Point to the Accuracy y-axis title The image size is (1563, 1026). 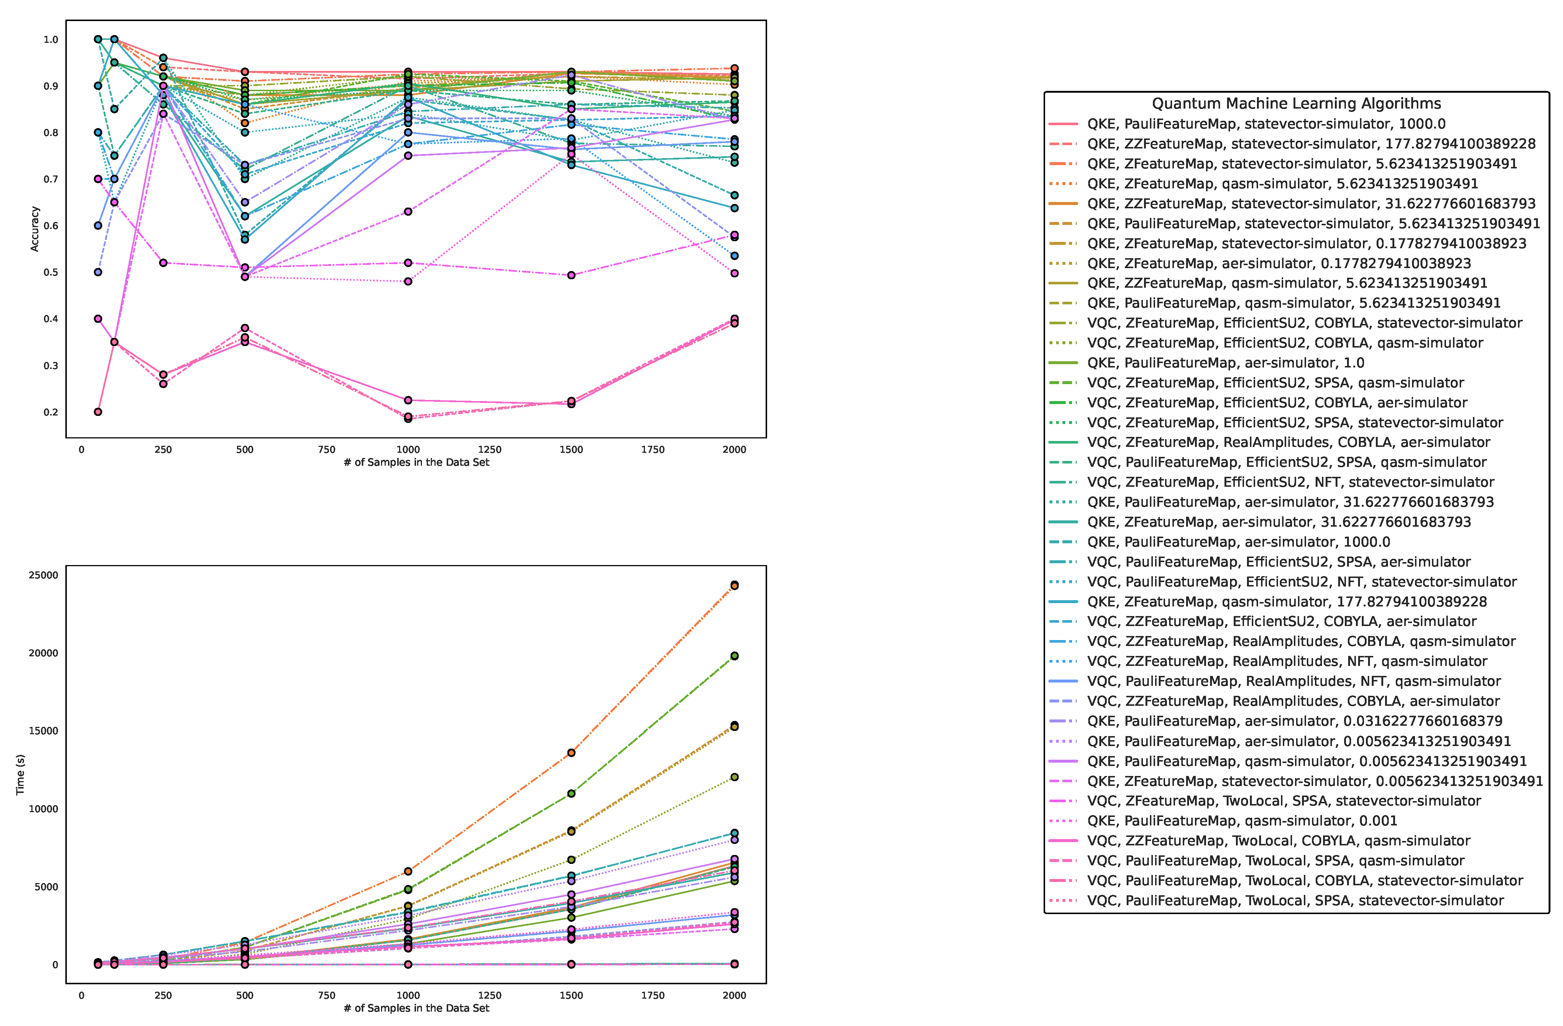35,229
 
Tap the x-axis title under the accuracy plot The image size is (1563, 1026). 416,462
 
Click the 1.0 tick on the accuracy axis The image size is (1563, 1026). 51,40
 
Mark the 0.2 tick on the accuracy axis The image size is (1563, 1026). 51,413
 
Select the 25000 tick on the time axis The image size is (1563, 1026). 43,575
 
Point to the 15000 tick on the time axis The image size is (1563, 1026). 43,731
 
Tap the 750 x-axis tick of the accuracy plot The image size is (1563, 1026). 326,450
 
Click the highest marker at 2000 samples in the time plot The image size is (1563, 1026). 734,585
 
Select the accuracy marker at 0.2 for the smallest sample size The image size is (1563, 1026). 98,412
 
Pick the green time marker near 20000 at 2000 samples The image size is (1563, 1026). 734,656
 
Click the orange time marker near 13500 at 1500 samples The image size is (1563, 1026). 571,753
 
